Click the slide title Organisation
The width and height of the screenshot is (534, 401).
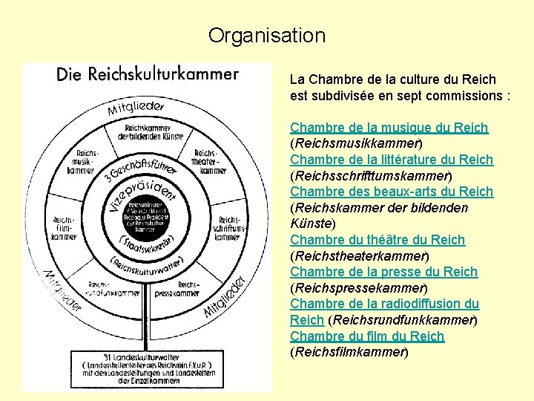coord(266,35)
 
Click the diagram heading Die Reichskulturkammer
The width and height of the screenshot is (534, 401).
coord(148,75)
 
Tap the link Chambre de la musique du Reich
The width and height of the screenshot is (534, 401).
coord(389,128)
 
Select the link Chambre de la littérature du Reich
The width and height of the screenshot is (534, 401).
coord(391,160)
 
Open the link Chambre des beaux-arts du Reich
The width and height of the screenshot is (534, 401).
coord(391,192)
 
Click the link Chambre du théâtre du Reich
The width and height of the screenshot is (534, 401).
coord(377,240)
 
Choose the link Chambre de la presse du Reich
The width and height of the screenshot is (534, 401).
coord(383,272)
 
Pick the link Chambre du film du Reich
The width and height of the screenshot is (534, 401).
coord(366,336)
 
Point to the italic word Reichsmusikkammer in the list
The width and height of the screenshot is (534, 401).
coord(357,143)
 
